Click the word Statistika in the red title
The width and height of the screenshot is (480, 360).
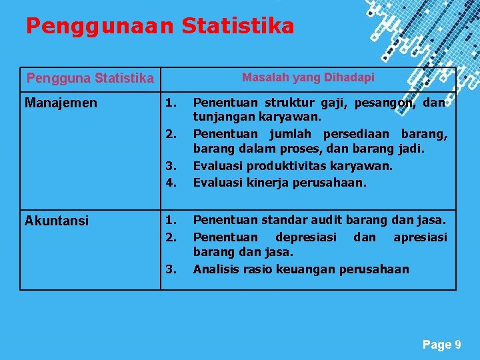[237, 26]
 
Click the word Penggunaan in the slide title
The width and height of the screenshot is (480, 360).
[99, 26]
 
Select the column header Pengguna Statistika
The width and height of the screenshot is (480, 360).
[90, 79]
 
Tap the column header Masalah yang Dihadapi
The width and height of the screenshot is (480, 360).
[308, 77]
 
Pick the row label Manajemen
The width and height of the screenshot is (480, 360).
[61, 103]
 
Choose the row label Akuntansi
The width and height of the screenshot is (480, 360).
[57, 220]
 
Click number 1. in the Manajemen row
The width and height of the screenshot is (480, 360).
[171, 103]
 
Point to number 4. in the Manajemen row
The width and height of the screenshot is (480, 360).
[171, 182]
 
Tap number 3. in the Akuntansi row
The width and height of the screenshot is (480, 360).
[171, 269]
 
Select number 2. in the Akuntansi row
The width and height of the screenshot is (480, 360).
[171, 237]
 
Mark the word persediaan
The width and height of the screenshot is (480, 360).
[360, 135]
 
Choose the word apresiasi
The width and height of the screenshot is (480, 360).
[420, 237]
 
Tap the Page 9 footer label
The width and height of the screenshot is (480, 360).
[441, 345]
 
